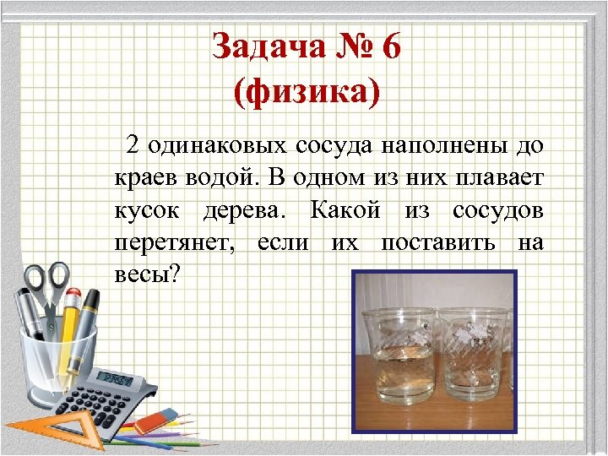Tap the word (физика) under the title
click(x=307, y=92)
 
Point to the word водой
click(x=223, y=176)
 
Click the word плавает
click(x=497, y=176)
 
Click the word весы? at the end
click(x=145, y=274)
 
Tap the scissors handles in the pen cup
click(x=47, y=278)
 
